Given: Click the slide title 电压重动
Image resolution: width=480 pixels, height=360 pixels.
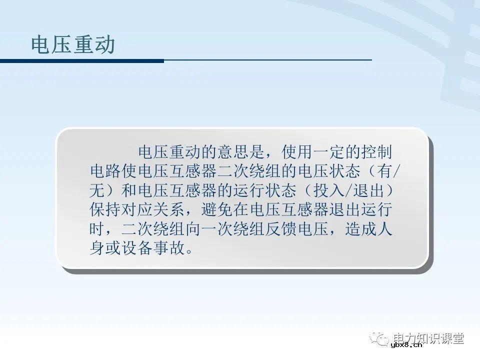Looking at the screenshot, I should (73, 45).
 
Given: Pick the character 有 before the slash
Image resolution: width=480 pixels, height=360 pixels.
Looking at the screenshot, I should (385, 171).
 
